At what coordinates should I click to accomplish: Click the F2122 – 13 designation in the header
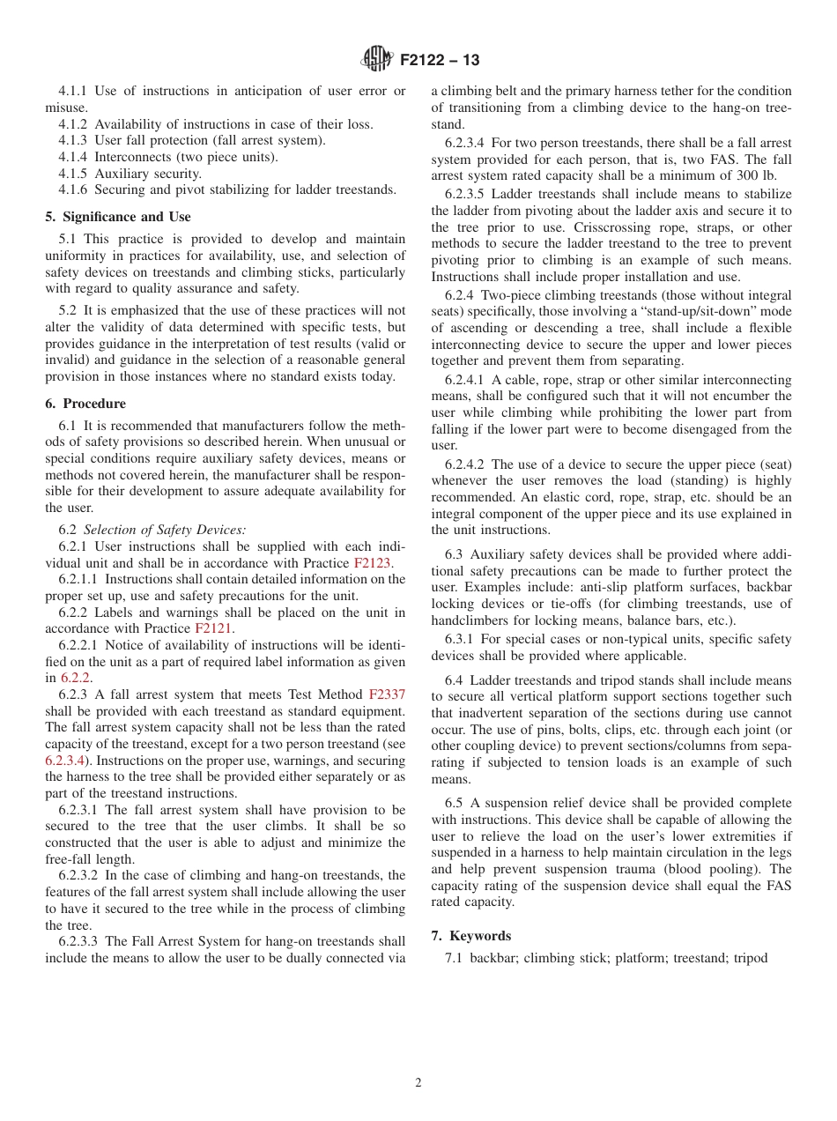(440, 61)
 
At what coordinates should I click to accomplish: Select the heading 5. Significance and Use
(118, 217)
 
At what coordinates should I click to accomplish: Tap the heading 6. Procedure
(85, 404)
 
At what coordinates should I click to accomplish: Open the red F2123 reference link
(373, 562)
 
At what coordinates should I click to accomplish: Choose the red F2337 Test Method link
(387, 694)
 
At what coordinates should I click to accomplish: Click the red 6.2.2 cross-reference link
(76, 678)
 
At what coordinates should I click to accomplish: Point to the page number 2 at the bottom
(418, 1083)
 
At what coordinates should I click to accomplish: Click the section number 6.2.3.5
(467, 194)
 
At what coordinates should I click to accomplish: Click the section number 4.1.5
(75, 174)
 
